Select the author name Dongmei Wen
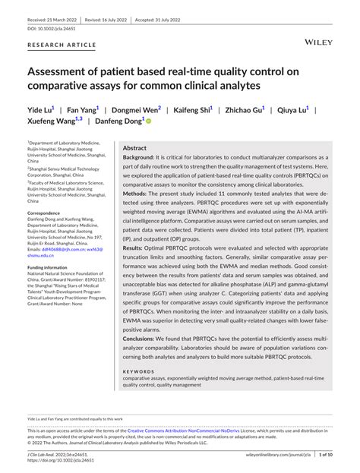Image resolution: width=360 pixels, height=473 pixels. coord(137,110)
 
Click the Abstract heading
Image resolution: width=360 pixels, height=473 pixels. coord(134,148)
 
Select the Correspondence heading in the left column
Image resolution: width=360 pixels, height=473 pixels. coord(49,214)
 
